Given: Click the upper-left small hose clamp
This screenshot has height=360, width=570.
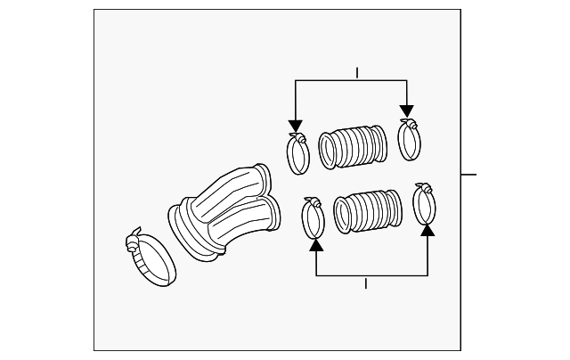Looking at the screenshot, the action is (x=297, y=153).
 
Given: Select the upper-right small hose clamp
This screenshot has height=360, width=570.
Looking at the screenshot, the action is (x=409, y=139).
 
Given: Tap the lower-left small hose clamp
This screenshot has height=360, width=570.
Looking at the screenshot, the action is (x=313, y=218).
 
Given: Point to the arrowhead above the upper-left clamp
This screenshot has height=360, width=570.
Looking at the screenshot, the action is (x=296, y=127).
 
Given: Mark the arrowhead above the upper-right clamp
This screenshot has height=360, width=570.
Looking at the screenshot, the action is (x=407, y=111).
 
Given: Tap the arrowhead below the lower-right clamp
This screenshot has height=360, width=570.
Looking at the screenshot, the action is (x=427, y=230).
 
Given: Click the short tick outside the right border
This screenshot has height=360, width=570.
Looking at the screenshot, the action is (x=469, y=174).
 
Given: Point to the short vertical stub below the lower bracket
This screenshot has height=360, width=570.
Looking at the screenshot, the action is (x=366, y=282).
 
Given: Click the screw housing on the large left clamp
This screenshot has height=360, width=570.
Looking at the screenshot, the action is (x=134, y=238).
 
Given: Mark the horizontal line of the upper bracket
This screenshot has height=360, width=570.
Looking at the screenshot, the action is (x=351, y=80).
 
